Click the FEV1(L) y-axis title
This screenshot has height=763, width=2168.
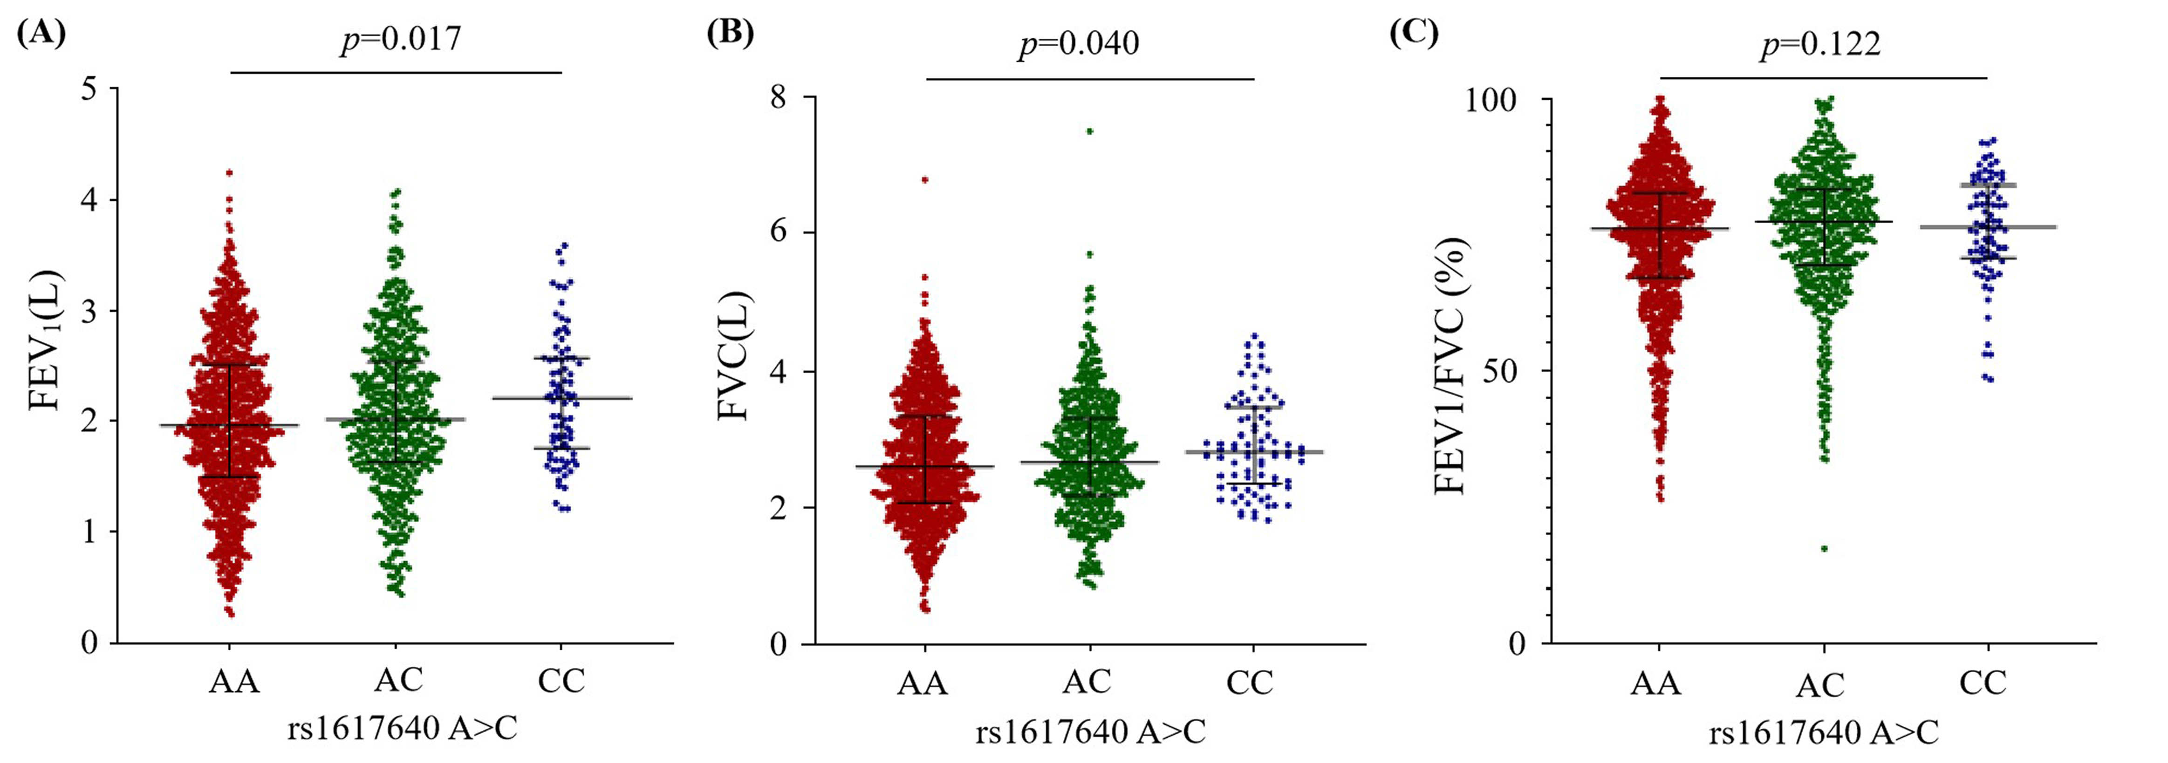click(x=46, y=340)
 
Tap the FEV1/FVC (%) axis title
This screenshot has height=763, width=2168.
click(x=1449, y=366)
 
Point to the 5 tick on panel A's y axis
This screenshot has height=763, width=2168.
click(x=90, y=89)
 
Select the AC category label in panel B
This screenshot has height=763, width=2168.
click(x=1087, y=681)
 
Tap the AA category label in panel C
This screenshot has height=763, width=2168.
click(x=1655, y=683)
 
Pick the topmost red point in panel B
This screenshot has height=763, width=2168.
click(x=924, y=179)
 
